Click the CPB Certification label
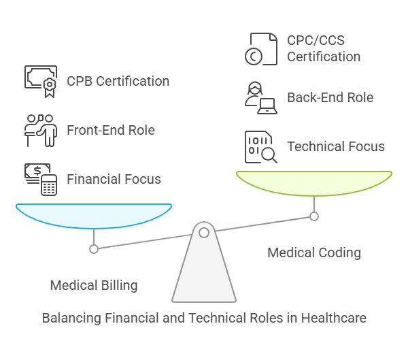click(118, 82)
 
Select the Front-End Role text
click(111, 131)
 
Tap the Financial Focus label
click(114, 180)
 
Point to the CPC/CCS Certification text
click(324, 48)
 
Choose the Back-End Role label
click(330, 97)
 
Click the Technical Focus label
click(335, 146)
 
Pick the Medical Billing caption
click(94, 285)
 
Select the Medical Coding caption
click(314, 253)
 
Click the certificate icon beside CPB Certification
click(41, 80)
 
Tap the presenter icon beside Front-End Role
click(40, 130)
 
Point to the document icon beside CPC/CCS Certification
click(261, 49)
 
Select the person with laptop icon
click(261, 97)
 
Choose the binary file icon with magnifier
click(261, 147)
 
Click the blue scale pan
click(94, 215)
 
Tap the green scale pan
click(314, 182)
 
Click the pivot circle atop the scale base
click(204, 233)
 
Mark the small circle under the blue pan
click(94, 248)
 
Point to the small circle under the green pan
click(314, 216)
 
